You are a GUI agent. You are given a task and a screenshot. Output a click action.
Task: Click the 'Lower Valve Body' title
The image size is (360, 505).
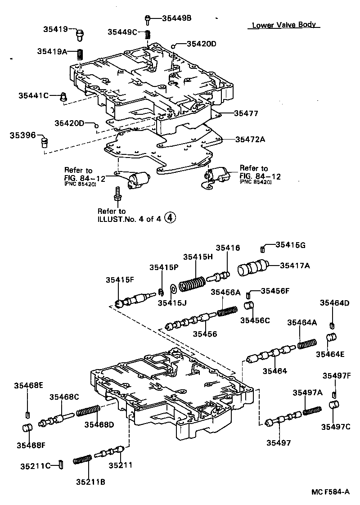pyautogui.click(x=283, y=25)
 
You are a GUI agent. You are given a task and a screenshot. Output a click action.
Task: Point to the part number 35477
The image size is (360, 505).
pyautogui.click(x=246, y=113)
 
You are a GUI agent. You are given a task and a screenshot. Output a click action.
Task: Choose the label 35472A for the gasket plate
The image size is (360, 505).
pyautogui.click(x=250, y=139)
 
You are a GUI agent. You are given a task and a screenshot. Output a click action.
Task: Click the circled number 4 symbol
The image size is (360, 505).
pyautogui.click(x=169, y=218)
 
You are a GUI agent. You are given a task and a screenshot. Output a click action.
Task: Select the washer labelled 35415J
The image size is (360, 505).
pyautogui.click(x=173, y=288)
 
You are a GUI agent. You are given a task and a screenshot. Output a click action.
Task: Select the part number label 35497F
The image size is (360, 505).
pyautogui.click(x=336, y=376)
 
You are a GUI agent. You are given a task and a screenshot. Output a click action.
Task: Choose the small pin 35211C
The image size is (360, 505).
pyautogui.click(x=60, y=464)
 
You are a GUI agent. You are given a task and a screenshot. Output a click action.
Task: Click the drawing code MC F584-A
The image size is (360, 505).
pyautogui.click(x=330, y=492)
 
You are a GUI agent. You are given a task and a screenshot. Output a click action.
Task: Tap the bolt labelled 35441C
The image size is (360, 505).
pyautogui.click(x=63, y=96)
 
